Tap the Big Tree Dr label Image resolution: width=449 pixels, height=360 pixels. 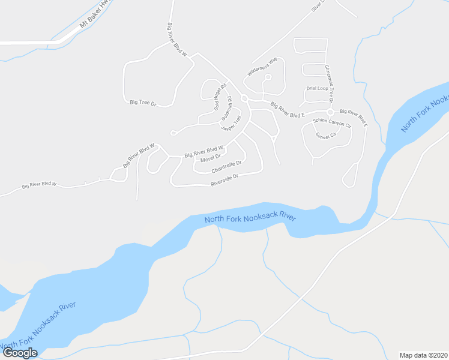click(143, 103)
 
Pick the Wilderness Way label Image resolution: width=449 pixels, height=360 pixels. click(262, 67)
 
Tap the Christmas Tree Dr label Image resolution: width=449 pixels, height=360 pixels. click(328, 83)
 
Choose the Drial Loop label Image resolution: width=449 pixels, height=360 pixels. click(318, 88)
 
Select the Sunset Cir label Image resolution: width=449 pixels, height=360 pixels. click(325, 135)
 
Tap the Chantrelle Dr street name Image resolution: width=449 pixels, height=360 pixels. click(226, 166)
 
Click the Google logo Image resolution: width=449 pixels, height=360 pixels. click(20, 352)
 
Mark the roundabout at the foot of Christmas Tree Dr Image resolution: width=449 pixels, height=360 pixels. click(330, 112)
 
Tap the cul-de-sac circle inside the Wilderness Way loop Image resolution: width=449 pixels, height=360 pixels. click(268, 77)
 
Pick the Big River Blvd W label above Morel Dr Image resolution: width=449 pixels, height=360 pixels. click(204, 151)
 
